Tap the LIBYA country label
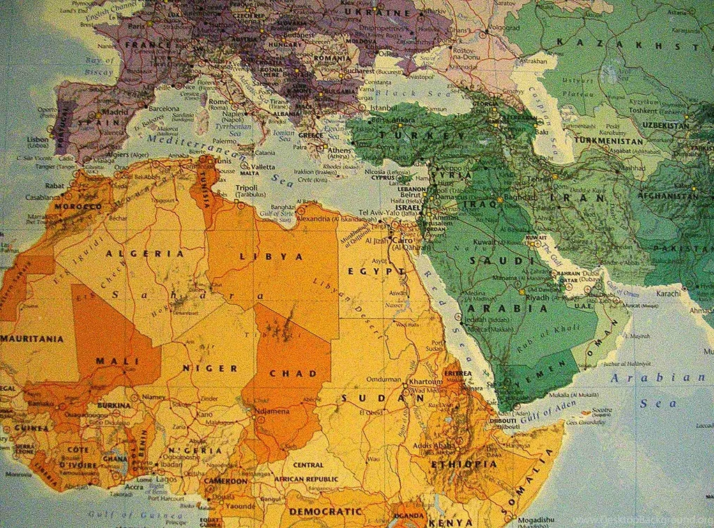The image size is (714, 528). pyautogui.click(x=272, y=257)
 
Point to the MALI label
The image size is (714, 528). pyautogui.click(x=116, y=361)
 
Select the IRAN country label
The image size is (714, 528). pyautogui.click(x=568, y=198)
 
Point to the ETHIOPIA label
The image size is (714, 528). pyautogui.click(x=464, y=464)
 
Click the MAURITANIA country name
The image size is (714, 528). pyautogui.click(x=31, y=339)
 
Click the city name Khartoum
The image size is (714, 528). pyautogui.click(x=426, y=382)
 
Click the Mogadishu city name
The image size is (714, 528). pyautogui.click(x=536, y=520)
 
